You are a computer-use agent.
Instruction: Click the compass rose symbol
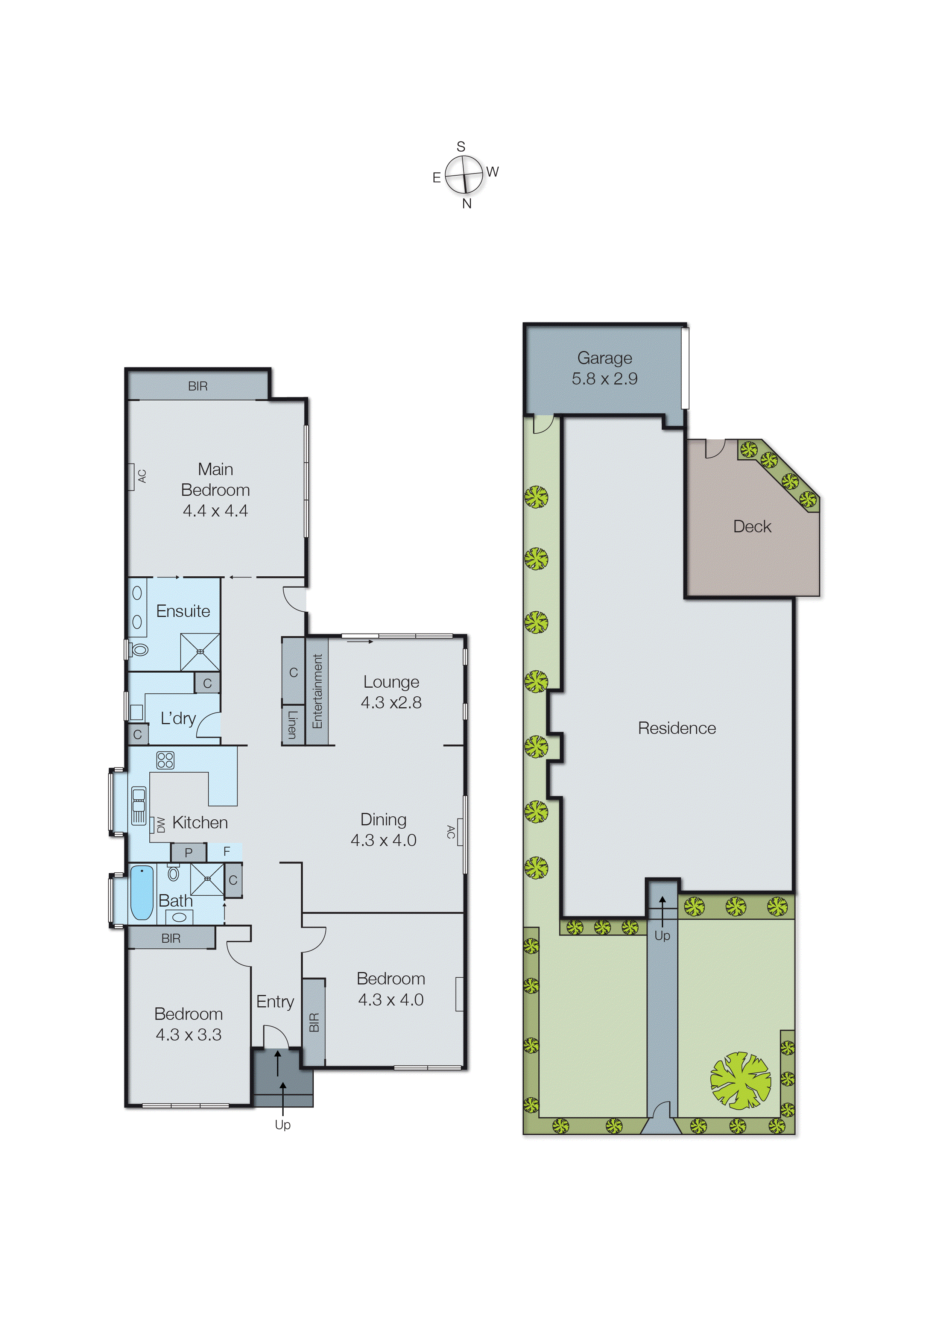point(464,175)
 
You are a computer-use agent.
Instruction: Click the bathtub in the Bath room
point(141,893)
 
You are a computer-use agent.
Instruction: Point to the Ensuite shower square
point(200,652)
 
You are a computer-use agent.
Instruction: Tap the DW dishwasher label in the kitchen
point(161,825)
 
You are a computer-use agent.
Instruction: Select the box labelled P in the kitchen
point(188,852)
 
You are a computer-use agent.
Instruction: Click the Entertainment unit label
point(317,691)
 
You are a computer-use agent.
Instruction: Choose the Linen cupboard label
point(292,724)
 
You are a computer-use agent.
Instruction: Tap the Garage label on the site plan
point(605,358)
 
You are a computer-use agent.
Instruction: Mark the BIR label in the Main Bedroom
point(198,386)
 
